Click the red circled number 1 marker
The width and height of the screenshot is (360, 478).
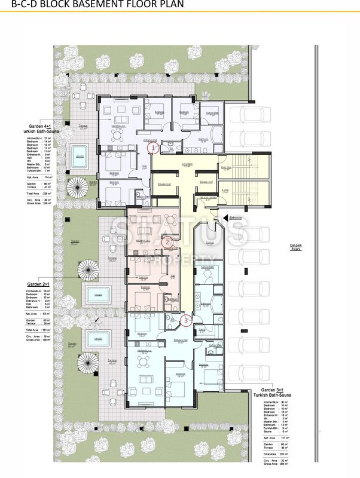click(154, 146)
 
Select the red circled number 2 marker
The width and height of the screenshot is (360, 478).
click(168, 242)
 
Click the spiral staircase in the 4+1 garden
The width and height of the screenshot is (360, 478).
click(76, 190)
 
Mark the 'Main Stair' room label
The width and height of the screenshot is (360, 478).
click(226, 168)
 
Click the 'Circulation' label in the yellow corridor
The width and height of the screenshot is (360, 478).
click(187, 164)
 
